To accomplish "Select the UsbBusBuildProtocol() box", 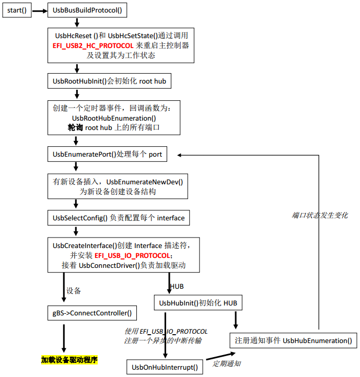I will pyautogui.click(x=89, y=10).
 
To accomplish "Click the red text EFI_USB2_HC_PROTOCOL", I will pyautogui.click(x=93, y=46).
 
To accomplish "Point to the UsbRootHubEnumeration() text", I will pyautogui.click(x=114, y=119).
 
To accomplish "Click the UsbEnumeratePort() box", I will pyautogui.click(x=107, y=155).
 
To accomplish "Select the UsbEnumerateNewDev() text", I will pyautogui.click(x=148, y=182).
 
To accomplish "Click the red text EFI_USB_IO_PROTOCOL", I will pyautogui.click(x=132, y=255).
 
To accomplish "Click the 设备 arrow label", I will pyautogui.click(x=74, y=290).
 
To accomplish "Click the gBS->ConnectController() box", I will pyautogui.click(x=92, y=313).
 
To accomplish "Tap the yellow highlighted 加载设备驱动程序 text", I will pyautogui.click(x=69, y=360).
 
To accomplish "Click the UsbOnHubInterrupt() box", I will pyautogui.click(x=165, y=367).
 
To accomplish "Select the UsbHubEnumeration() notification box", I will pyautogui.click(x=293, y=340).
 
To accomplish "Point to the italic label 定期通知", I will pyautogui.click(x=226, y=363).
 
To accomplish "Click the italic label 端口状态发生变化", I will pyautogui.click(x=320, y=215).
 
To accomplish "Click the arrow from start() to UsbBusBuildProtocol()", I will pyautogui.click(x=41, y=10).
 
